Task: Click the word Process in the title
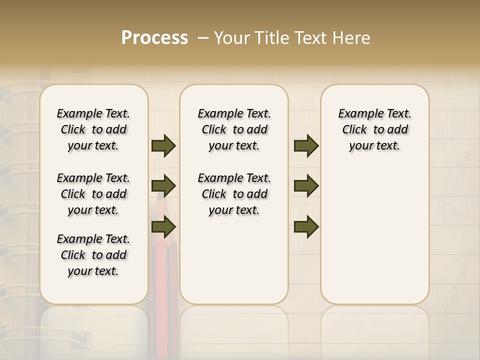[154, 38]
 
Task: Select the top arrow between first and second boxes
[163, 146]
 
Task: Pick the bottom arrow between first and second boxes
[163, 227]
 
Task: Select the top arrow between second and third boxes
[306, 146]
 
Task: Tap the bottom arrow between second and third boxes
[306, 227]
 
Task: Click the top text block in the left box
[93, 129]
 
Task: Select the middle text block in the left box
[93, 194]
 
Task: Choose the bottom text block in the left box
[93, 255]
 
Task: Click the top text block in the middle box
[234, 129]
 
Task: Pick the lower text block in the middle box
[234, 194]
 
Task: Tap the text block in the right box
[375, 129]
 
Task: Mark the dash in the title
[203, 38]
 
